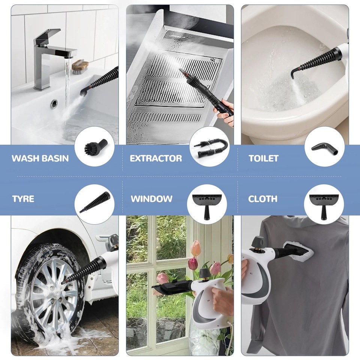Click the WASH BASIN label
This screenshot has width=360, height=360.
[x=40, y=158]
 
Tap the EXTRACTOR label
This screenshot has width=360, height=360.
[x=156, y=158]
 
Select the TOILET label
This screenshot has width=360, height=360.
[x=264, y=158]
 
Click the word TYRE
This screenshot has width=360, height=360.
[x=23, y=198]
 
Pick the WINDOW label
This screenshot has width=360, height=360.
[x=151, y=198]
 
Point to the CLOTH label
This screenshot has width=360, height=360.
[x=263, y=198]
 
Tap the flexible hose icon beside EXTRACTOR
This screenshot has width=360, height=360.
[x=209, y=147]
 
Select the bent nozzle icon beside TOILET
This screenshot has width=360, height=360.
[x=324, y=147]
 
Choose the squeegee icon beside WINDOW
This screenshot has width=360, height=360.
[x=209, y=204]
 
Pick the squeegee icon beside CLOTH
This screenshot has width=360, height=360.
[x=324, y=204]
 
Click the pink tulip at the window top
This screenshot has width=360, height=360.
[x=196, y=248]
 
